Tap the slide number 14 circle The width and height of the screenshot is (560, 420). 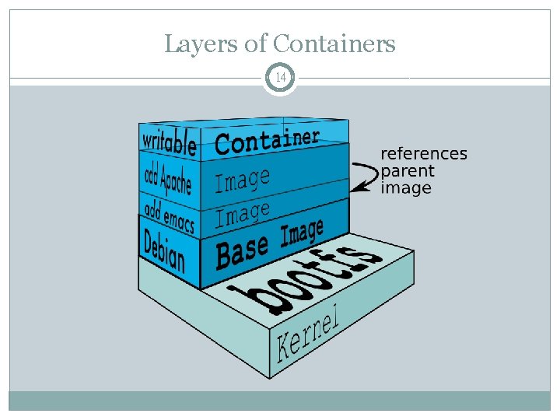280,79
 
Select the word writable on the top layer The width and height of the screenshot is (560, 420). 168,142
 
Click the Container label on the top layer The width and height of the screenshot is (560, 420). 267,141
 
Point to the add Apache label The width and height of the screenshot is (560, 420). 167,179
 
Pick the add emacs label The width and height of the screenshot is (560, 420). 168,215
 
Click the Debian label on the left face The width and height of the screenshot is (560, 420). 165,250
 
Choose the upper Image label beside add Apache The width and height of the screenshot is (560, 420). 242,181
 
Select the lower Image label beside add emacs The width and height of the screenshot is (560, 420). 243,213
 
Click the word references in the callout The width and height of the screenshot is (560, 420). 423,154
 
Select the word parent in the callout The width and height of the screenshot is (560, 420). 408,171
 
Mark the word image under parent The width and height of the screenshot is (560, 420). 405,188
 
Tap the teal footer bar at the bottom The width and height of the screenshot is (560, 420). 280,401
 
